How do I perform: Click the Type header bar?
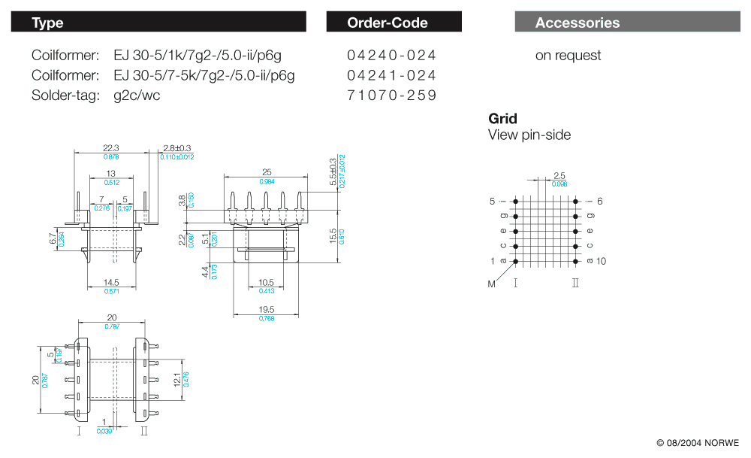coord(158,22)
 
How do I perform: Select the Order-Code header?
coord(394,23)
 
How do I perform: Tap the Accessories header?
coord(627,23)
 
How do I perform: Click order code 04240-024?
coord(391,55)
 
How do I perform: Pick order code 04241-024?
coord(391,75)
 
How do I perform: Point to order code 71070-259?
coord(391,95)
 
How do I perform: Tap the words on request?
coord(568,55)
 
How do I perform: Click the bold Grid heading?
coord(502,118)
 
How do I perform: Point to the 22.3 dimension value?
coord(111,147)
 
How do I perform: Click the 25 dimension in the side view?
coord(267,172)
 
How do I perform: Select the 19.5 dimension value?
coord(267,309)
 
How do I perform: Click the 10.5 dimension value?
coord(266,283)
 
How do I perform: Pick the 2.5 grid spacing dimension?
coord(559,175)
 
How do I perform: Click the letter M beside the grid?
coord(492,284)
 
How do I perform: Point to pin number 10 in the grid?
coord(601,261)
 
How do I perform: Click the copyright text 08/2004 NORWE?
coord(698,442)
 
